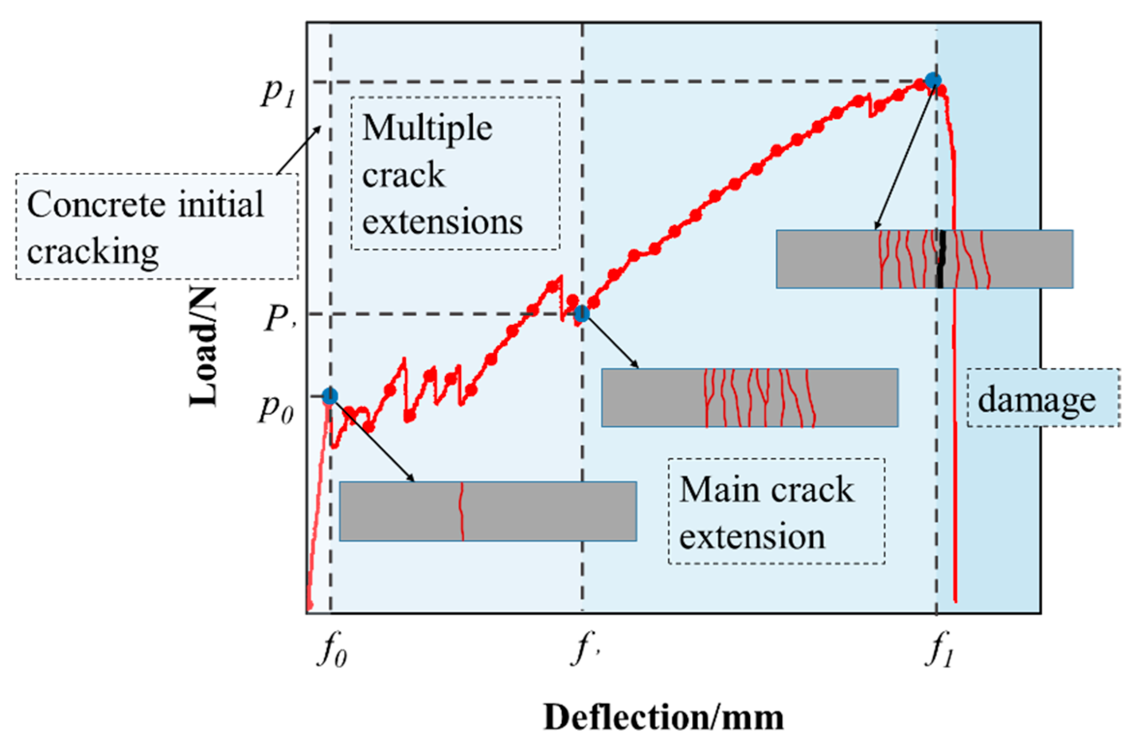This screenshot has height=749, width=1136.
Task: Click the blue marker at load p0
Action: [x=330, y=396]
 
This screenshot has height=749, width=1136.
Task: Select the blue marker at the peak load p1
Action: [x=933, y=80]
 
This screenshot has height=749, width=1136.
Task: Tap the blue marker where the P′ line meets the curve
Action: [x=582, y=314]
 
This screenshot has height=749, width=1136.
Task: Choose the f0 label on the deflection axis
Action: [x=332, y=652]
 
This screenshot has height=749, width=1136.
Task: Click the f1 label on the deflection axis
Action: [x=939, y=652]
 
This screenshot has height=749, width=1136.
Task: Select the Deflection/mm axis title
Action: [x=663, y=717]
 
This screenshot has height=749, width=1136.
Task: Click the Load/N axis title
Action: [x=203, y=347]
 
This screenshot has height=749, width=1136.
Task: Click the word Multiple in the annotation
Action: [x=427, y=129]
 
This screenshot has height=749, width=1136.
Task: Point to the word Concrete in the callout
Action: [x=97, y=204]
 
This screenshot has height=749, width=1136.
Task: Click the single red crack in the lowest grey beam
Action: [x=462, y=511]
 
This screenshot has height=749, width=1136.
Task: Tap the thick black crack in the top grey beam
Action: [x=940, y=259]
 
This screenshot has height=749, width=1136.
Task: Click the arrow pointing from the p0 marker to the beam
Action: [x=372, y=440]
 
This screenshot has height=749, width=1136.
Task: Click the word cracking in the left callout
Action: [x=93, y=251]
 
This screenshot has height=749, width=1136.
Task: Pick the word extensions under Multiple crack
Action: [x=442, y=222]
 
